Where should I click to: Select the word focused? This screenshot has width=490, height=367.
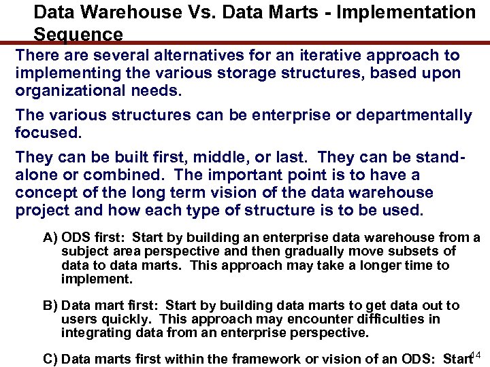tap(45, 133)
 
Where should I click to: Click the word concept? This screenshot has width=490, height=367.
tap(45, 193)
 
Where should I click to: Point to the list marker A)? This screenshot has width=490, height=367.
tap(50, 238)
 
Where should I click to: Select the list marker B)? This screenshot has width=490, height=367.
tap(50, 306)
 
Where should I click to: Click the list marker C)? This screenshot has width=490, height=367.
tap(50, 360)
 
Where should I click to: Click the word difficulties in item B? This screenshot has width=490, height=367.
tap(381, 319)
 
